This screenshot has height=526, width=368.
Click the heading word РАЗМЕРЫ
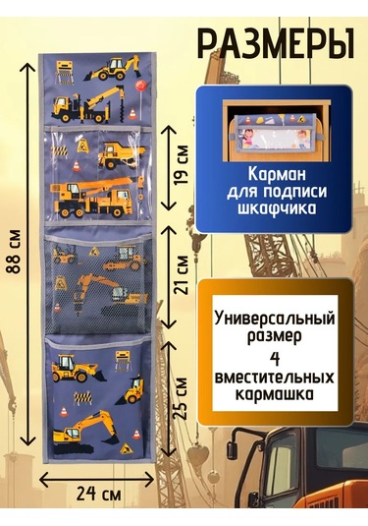(x=276, y=43)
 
